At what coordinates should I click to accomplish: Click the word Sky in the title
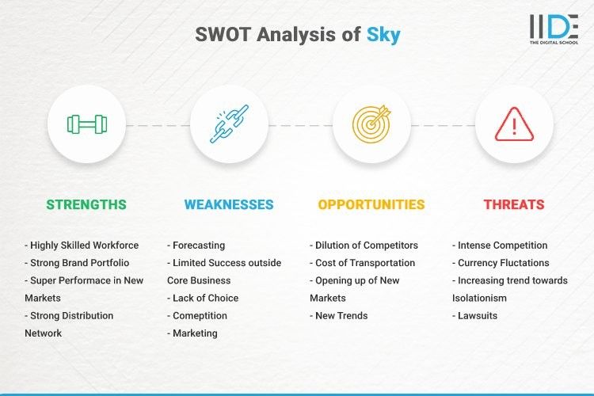coord(383,35)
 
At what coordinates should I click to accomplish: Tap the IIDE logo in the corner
coord(553,29)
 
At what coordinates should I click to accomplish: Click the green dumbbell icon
coord(86,124)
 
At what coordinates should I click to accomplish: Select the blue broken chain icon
coord(229,124)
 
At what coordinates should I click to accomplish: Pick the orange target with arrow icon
coord(371,124)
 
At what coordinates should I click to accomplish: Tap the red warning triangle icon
coord(514,124)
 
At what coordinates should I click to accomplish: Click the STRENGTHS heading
coord(86,204)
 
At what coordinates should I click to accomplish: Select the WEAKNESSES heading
coord(229,204)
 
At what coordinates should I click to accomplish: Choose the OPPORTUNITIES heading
coord(371,204)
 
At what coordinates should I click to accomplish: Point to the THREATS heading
coord(514,204)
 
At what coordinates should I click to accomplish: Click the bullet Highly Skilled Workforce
coord(82,246)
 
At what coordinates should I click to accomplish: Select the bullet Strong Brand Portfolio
coord(77,263)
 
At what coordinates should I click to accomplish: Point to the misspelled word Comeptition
coord(200,315)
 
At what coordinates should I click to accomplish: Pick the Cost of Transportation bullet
coord(363,263)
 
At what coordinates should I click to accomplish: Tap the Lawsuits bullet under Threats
coord(478,315)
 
